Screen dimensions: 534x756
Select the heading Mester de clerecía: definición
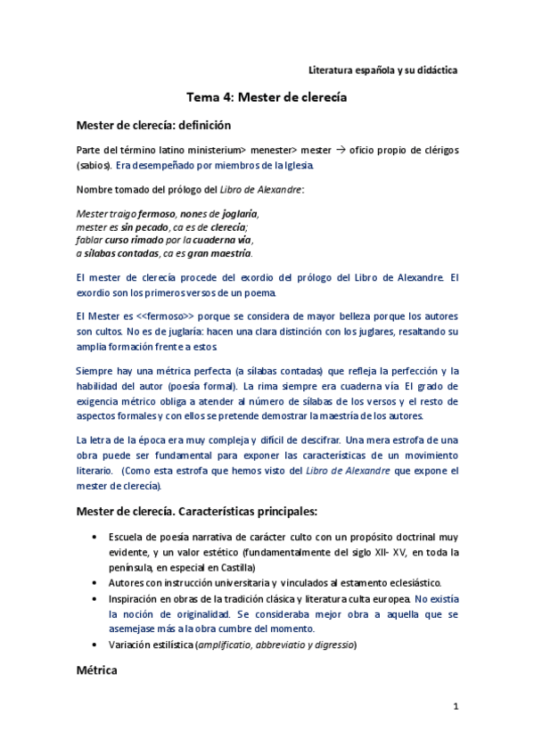tap(153, 125)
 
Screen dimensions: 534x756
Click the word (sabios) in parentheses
tap(94, 165)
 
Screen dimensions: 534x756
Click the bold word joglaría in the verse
tap(234, 214)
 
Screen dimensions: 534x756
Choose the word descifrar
tap(312, 440)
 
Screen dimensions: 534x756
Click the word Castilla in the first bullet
tap(234, 567)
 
